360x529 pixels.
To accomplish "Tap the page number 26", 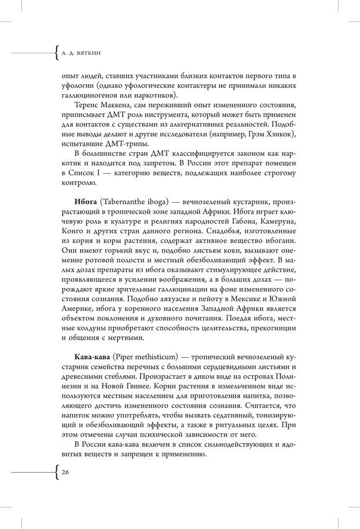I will [x=66, y=473].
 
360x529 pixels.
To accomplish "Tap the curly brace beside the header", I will [x=55, y=55].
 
